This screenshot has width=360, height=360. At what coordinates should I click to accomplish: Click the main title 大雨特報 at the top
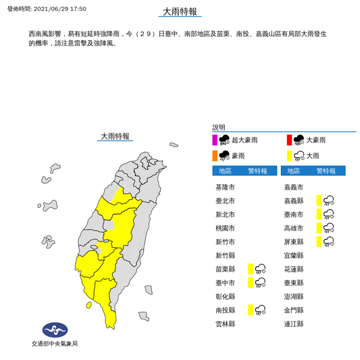pyautogui.click(x=180, y=12)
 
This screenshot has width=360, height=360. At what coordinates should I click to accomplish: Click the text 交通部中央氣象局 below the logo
pyautogui.click(x=55, y=344)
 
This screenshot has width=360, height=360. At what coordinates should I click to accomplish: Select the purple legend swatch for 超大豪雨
pyautogui.click(x=216, y=140)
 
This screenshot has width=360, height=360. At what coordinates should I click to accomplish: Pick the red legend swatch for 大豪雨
pyautogui.click(x=289, y=140)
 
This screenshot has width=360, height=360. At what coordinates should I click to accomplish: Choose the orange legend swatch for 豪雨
pyautogui.click(x=216, y=155)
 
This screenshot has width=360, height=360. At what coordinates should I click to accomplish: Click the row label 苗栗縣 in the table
pyautogui.click(x=225, y=269)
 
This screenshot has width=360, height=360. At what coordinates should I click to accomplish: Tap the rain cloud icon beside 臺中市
pyautogui.click(x=261, y=283)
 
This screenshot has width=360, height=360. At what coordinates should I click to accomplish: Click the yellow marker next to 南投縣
pyautogui.click(x=250, y=310)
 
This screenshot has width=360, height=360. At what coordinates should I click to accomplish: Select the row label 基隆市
pyautogui.click(x=225, y=187)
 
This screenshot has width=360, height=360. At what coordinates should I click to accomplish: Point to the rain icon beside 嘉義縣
pyautogui.click(x=329, y=200)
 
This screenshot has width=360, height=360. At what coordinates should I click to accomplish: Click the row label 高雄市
pyautogui.click(x=294, y=228)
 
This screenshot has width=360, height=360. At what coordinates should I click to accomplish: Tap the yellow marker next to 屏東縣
pyautogui.click(x=319, y=241)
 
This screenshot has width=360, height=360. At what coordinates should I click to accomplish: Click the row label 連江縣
pyautogui.click(x=294, y=324)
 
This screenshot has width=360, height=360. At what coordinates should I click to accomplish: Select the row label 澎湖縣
pyautogui.click(x=294, y=296)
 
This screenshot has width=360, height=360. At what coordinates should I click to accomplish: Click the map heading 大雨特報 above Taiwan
pyautogui.click(x=115, y=136)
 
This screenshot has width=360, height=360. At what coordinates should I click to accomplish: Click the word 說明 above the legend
pyautogui.click(x=219, y=127)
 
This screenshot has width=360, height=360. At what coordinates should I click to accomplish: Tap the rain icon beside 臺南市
pyautogui.click(x=329, y=214)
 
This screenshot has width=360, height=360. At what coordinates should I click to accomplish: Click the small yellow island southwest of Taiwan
pyautogui.click(x=88, y=305)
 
